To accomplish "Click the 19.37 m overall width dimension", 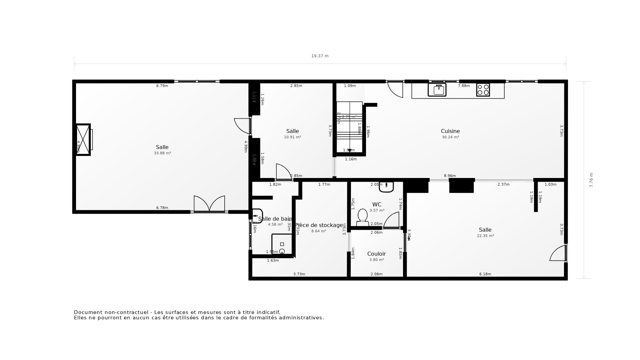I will point(320,56).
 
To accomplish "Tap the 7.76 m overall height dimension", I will point(591,180).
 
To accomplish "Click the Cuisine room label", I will point(450,131).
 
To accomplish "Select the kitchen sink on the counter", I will point(437,90).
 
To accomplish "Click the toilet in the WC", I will point(362,217).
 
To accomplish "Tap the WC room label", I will point(377,205).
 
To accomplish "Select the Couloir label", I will point(376,254).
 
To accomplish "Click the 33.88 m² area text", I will point(162,153).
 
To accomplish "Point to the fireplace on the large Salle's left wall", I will point(83,140).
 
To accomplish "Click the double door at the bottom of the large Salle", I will point(209,204).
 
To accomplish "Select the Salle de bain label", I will point(275,219).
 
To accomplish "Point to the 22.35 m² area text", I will point(485,236).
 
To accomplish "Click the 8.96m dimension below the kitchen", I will point(450,176).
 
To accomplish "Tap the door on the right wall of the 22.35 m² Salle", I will point(559,253).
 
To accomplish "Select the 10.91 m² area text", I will point(292,137).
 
